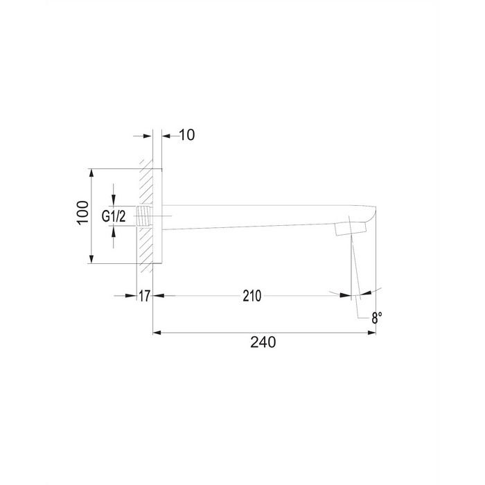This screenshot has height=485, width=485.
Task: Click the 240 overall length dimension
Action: (263, 342)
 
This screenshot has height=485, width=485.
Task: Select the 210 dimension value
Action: (252, 296)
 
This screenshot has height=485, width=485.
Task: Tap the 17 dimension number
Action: (144, 296)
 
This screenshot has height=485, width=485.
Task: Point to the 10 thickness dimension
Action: (187, 135)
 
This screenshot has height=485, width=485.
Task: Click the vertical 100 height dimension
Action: (82, 213)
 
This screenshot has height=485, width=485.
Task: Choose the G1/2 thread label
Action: (114, 216)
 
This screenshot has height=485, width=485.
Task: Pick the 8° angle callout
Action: (377, 317)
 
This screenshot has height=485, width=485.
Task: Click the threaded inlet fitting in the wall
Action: (144, 215)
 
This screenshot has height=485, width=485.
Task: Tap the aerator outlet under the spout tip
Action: (351, 229)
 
